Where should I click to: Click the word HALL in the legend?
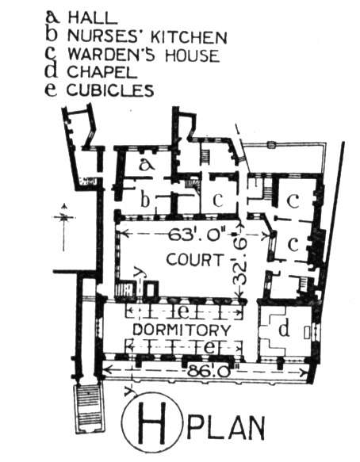(x=92, y=18)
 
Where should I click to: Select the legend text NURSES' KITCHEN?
(x=147, y=36)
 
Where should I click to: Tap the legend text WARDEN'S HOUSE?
(x=144, y=55)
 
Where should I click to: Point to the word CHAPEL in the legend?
(x=102, y=72)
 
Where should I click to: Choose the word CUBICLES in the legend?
(x=110, y=90)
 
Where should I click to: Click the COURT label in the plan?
(x=194, y=260)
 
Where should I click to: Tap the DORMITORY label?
(x=182, y=330)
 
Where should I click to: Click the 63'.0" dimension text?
(x=197, y=235)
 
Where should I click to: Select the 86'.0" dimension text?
(x=210, y=370)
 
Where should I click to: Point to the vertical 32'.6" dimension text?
(x=240, y=261)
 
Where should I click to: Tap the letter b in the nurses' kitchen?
(x=144, y=200)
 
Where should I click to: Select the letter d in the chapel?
(x=284, y=328)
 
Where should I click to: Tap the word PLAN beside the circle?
(x=226, y=427)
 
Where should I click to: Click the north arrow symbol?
(x=63, y=227)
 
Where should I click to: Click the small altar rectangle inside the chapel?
(x=307, y=332)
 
